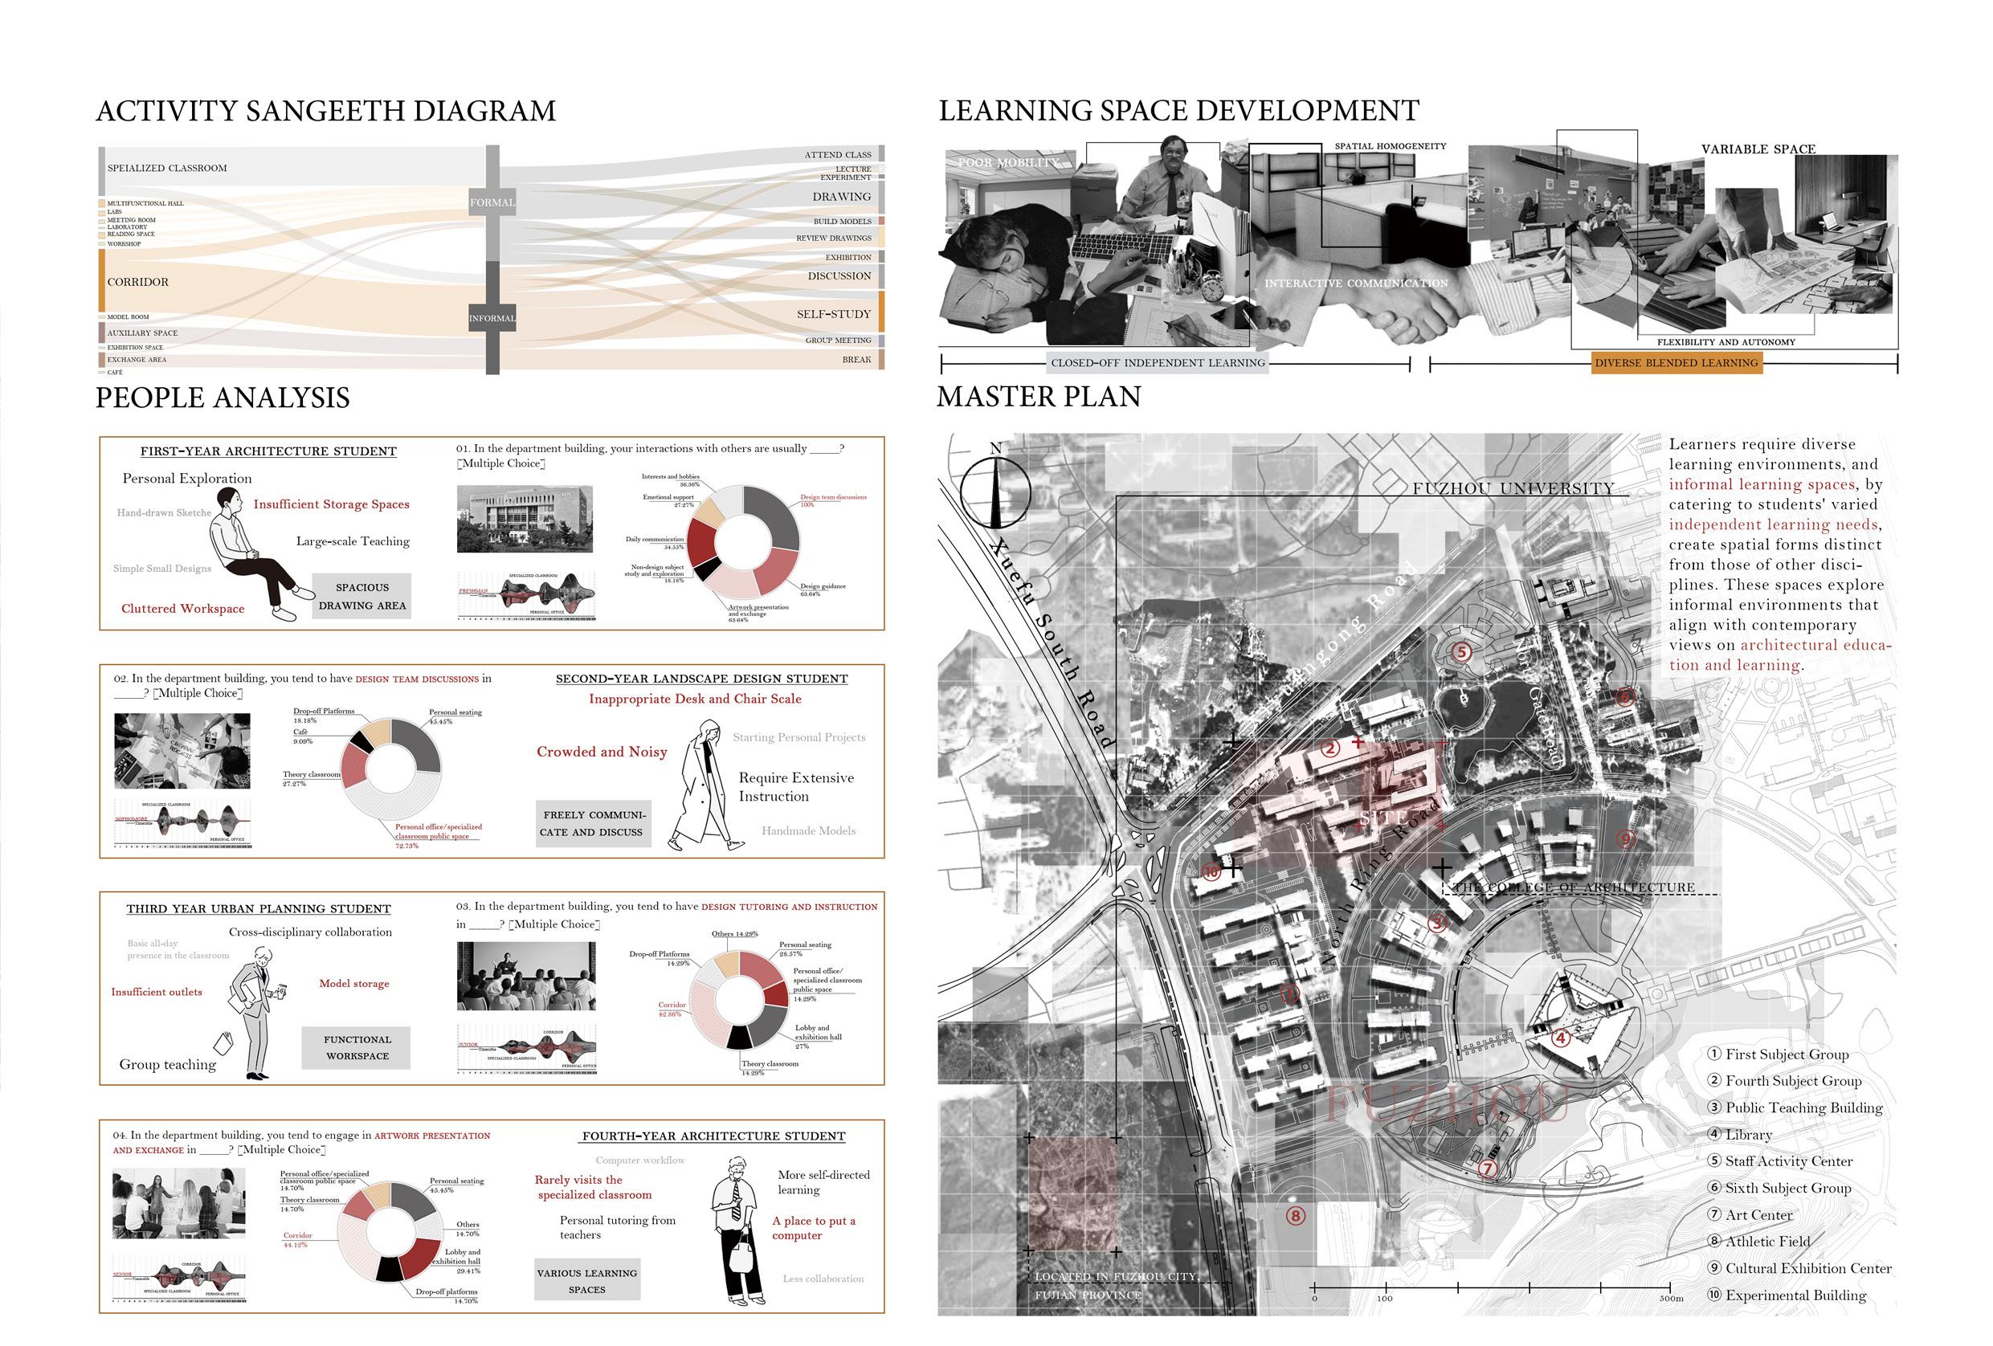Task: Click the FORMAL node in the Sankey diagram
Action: click(492, 202)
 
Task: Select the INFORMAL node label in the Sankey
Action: click(492, 318)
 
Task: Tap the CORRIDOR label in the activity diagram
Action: click(138, 282)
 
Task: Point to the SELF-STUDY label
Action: click(833, 315)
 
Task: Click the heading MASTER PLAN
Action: click(1039, 397)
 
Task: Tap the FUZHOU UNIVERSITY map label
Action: click(1513, 488)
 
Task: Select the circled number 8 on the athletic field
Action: click(1295, 1216)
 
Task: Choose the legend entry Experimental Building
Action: click(1795, 1295)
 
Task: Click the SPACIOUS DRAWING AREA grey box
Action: click(362, 597)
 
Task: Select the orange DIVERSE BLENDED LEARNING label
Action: click(1676, 363)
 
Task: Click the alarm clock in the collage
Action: click(1213, 288)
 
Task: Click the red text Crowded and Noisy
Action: click(601, 752)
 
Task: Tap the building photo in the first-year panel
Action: click(524, 519)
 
